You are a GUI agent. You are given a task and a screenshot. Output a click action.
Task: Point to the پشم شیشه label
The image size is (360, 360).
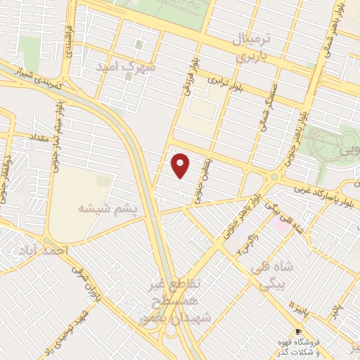coord(101,209)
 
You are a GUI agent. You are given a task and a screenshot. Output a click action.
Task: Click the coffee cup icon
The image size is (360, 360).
coord(298,332)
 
